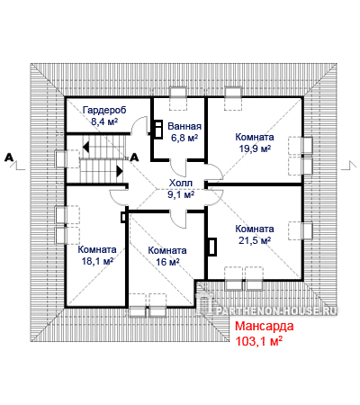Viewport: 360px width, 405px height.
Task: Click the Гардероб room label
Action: [x=104, y=110]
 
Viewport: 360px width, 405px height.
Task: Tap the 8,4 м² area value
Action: [x=104, y=121]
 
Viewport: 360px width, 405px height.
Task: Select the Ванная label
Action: [x=184, y=126]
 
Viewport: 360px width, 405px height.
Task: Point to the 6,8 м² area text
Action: [x=184, y=138]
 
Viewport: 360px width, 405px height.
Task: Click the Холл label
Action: [x=181, y=183]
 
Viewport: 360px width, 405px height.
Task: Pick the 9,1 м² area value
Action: [x=181, y=194]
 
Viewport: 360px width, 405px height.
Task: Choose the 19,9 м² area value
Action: [x=255, y=148]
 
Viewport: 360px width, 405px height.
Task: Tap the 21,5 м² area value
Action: [x=255, y=240]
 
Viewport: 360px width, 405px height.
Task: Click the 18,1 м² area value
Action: [x=97, y=261]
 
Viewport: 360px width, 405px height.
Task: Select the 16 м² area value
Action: [x=167, y=262]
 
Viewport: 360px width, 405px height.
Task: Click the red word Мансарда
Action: [x=264, y=326]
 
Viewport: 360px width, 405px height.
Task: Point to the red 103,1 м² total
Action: [x=258, y=341]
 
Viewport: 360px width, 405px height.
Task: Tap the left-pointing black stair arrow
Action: [x=86, y=148]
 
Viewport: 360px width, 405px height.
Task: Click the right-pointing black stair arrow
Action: [x=120, y=171]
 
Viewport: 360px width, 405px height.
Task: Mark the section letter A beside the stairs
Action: [x=134, y=157]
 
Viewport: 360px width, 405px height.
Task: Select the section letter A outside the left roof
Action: [x=9, y=157]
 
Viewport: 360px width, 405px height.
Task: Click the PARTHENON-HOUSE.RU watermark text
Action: [x=276, y=310]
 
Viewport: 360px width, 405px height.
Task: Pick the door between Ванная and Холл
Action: [x=178, y=168]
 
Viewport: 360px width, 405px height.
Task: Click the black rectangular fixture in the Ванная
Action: [x=157, y=130]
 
